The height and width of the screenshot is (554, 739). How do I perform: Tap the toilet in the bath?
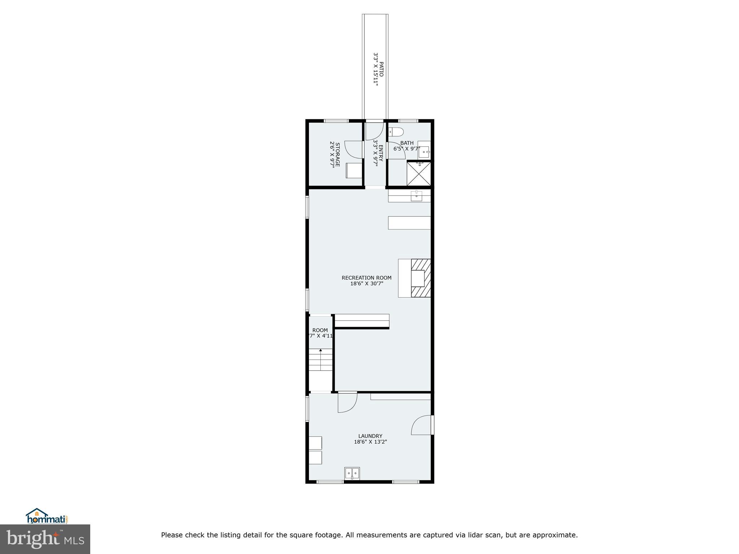[x=396, y=132]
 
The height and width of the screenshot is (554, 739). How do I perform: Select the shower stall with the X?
[x=419, y=173]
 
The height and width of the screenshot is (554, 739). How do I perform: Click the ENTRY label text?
[x=381, y=154]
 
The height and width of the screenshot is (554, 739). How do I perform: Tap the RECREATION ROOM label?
[x=366, y=278]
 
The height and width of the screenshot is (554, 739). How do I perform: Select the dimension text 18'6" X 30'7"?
[x=366, y=284]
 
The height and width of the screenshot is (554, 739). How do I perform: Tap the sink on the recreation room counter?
[x=417, y=196]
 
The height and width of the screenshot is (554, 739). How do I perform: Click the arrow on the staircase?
[x=320, y=351]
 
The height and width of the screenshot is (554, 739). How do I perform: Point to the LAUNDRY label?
[x=370, y=436]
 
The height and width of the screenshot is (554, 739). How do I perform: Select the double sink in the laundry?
[x=352, y=473]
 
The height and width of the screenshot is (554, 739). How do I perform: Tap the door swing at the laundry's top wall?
[x=347, y=403]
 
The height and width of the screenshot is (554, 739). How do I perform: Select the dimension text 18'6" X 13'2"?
[x=370, y=442]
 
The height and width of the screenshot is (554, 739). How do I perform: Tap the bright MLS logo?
[x=45, y=539]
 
